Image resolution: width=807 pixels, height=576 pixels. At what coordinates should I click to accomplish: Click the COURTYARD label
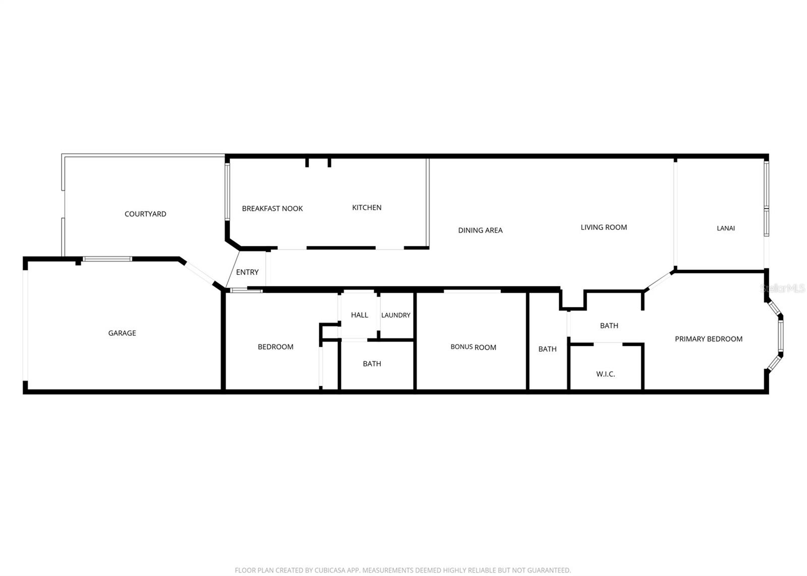click(x=145, y=214)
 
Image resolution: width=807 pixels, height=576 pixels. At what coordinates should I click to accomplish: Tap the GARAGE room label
click(x=122, y=333)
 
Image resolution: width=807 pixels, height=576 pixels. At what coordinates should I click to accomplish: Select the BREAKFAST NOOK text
click(x=272, y=208)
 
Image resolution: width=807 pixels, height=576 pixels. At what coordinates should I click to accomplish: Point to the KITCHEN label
click(x=367, y=207)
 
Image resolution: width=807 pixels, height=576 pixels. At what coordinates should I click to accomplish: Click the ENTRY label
click(x=247, y=272)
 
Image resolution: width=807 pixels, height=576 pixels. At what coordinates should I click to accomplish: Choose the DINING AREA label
click(x=480, y=230)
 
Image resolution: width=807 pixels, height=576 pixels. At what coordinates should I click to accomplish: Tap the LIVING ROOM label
click(x=604, y=227)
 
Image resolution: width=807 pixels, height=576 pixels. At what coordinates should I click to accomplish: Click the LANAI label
click(x=726, y=228)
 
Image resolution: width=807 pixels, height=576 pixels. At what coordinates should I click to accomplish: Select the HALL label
click(x=360, y=315)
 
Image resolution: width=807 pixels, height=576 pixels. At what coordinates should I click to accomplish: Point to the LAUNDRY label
click(x=396, y=315)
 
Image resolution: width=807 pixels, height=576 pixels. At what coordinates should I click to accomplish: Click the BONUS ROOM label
click(x=473, y=347)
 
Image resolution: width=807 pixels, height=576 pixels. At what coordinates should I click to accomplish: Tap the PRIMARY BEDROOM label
click(x=709, y=339)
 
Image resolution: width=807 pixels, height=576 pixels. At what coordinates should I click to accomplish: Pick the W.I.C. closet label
click(x=605, y=374)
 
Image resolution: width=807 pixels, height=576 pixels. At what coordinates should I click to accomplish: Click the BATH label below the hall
click(x=372, y=364)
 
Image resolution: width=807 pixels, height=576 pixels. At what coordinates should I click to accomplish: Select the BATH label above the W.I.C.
click(x=609, y=325)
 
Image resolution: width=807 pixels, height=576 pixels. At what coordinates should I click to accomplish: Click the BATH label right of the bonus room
click(x=547, y=349)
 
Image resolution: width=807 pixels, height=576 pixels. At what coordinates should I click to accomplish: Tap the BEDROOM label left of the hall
click(x=275, y=347)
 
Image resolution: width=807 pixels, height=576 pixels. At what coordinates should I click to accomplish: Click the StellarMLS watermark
click(x=783, y=289)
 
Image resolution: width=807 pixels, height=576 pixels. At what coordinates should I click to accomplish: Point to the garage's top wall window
click(x=107, y=259)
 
